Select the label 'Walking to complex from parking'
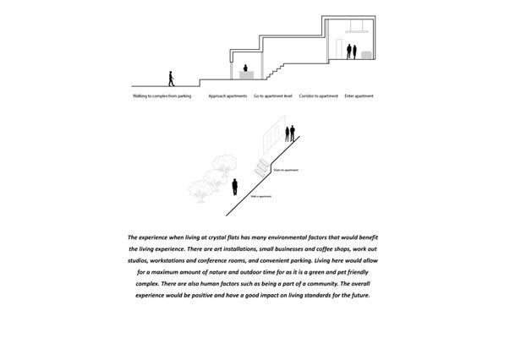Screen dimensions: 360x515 coord(162,96)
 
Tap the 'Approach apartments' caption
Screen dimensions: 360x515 coord(227,96)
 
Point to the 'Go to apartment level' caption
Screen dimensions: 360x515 coord(272,96)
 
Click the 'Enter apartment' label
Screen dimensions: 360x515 coord(359,96)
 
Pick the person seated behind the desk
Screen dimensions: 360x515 coord(245,68)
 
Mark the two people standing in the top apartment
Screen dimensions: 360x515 coord(350,51)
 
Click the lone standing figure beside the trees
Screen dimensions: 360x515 coord(236,186)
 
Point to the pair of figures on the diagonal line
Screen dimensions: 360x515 coord(289,134)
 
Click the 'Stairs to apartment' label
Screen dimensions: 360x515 coord(285,170)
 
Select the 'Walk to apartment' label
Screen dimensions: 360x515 coord(260,195)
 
